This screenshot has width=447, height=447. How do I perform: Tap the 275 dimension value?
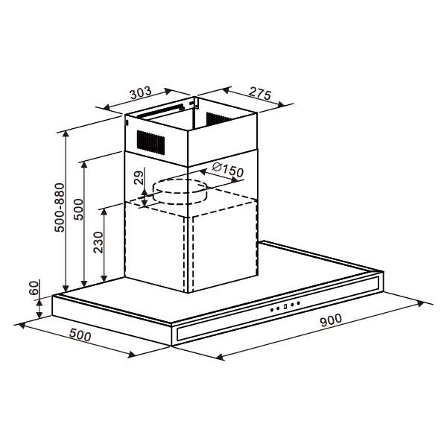click(259, 94)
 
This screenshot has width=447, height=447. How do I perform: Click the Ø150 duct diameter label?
click(227, 171)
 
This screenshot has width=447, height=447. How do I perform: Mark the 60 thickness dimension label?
click(33, 288)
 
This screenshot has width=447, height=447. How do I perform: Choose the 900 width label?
click(330, 320)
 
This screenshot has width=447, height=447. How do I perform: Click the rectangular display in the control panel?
click(285, 306)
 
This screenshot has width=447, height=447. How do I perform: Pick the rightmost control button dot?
click(298, 302)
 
